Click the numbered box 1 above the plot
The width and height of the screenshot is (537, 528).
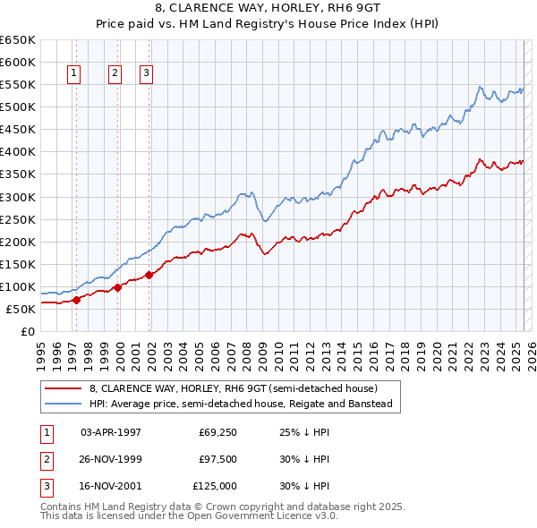click(x=72, y=74)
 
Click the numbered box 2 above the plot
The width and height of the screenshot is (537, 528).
click(x=115, y=74)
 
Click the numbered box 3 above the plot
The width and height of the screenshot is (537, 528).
click(x=146, y=74)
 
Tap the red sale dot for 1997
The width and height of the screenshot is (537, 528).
click(x=76, y=300)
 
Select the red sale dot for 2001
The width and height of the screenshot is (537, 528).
click(x=149, y=275)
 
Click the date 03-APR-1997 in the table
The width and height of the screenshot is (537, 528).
click(x=111, y=432)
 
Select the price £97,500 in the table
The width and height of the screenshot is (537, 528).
click(x=217, y=459)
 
